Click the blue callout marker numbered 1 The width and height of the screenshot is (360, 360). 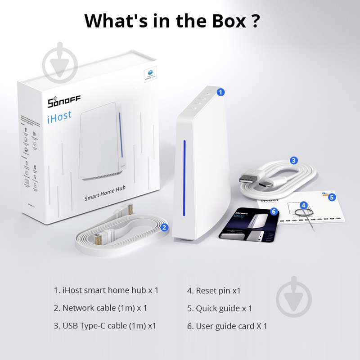tap(220, 92)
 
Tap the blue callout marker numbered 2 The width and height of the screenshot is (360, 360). tap(165, 227)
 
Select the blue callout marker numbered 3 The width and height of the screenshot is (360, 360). tap(294, 160)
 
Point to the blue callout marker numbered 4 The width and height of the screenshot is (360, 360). tap(304, 205)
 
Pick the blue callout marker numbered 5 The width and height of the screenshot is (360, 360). tap(332, 197)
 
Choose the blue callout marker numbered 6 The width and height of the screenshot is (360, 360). tap(273, 211)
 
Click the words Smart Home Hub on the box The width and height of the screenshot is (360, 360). tap(104, 197)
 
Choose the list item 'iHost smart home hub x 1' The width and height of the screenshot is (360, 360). tap(106, 291)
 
